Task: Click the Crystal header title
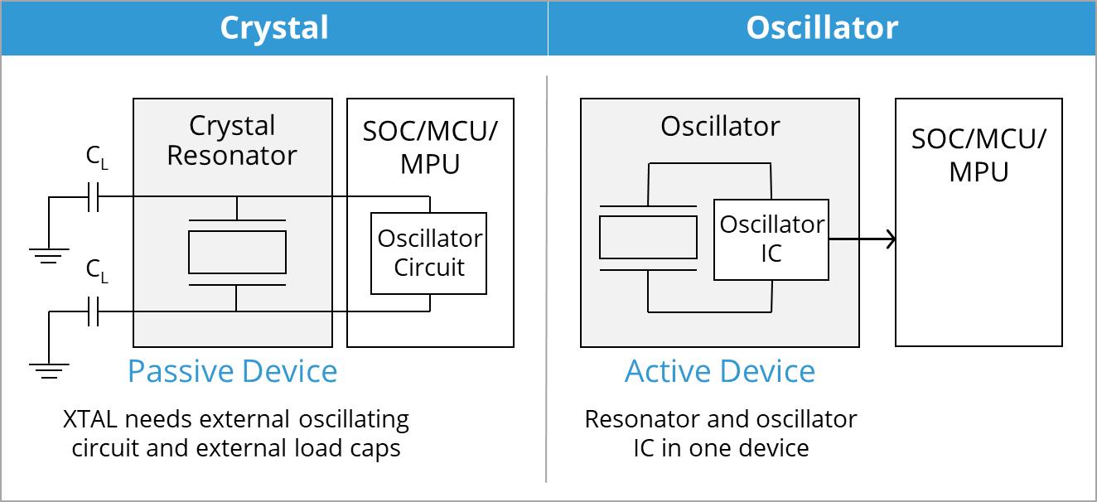[x=273, y=28]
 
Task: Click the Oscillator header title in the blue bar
[x=821, y=28]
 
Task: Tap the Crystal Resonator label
[x=232, y=141]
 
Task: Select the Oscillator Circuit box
[x=428, y=253]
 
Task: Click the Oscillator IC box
[x=771, y=239]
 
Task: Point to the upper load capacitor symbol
[x=94, y=197]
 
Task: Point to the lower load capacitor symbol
[x=94, y=311]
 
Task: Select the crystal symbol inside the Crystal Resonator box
[x=237, y=252]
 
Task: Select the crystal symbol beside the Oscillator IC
[x=648, y=238]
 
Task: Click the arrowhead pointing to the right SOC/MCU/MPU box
[x=890, y=239]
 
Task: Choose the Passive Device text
[x=232, y=371]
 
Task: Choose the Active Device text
[x=719, y=371]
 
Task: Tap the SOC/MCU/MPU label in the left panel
[x=430, y=147]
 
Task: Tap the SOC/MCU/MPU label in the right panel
[x=979, y=155]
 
